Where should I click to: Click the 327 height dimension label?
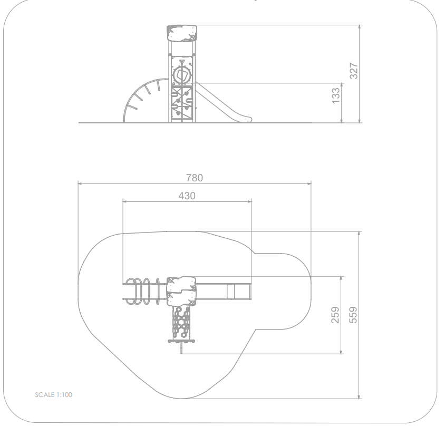pos(354,71)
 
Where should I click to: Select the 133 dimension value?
pos(335,96)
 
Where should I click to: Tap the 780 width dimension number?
pos(195,178)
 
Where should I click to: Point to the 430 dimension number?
pos(187,196)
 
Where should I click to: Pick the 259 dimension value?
pos(335,315)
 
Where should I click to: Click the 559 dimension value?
pos(353,315)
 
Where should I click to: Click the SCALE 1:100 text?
pos(54,395)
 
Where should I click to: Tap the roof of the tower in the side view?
pos(181,34)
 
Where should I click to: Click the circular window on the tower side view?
pos(181,75)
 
